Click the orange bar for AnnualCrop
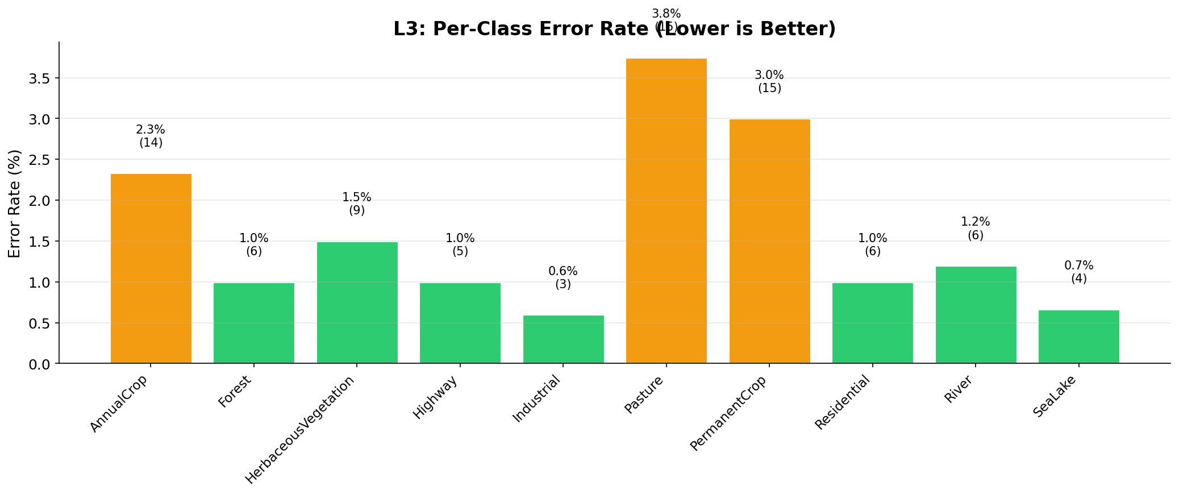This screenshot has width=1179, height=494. (x=151, y=268)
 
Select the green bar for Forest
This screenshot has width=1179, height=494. (x=254, y=323)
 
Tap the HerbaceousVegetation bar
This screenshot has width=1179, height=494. (x=357, y=302)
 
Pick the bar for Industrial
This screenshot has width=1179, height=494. (x=563, y=339)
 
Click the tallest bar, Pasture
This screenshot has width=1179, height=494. (x=666, y=211)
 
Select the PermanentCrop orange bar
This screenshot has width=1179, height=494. (x=769, y=241)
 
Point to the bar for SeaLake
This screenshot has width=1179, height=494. (x=1078, y=337)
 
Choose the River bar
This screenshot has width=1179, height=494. (x=976, y=315)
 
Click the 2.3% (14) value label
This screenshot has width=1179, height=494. (x=151, y=136)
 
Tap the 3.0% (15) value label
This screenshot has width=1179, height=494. (x=769, y=82)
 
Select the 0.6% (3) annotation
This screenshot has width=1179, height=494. (x=563, y=278)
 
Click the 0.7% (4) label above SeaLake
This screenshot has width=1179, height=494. (x=1078, y=272)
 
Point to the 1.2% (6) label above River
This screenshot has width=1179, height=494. (x=976, y=229)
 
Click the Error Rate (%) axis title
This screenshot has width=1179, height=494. (x=15, y=203)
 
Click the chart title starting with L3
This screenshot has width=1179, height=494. (x=614, y=29)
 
